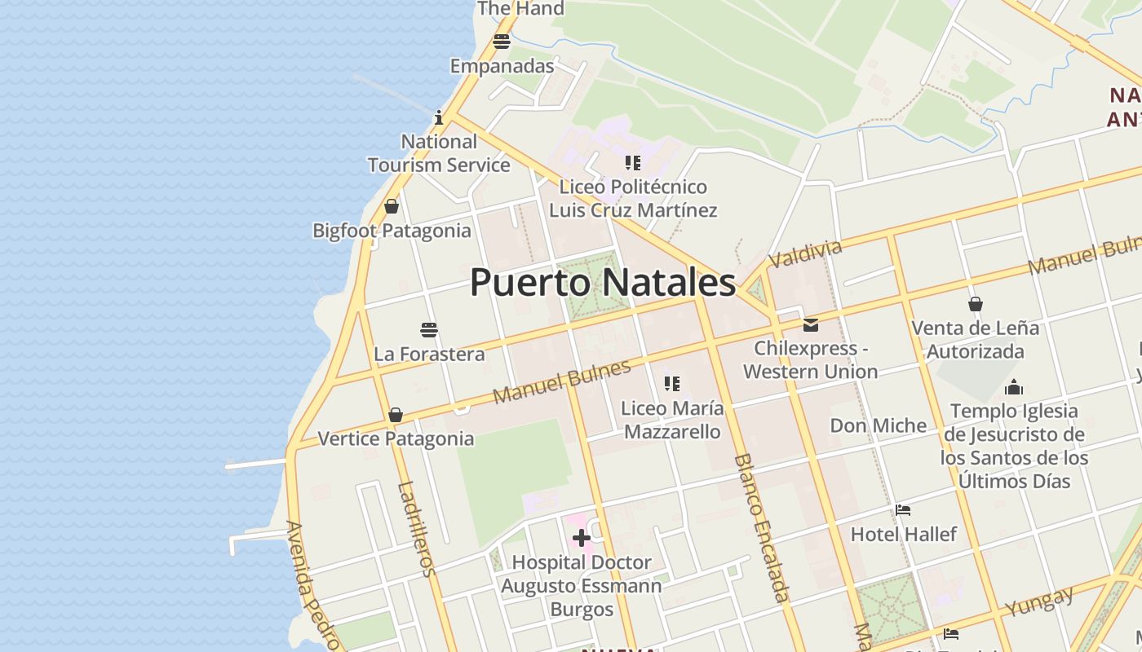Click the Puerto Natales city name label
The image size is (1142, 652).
603,283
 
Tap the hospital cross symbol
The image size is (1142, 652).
581,538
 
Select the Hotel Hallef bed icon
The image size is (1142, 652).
902,510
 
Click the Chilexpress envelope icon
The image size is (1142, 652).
810,324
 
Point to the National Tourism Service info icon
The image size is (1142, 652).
438,117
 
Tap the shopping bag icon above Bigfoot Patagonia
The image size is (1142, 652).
392,206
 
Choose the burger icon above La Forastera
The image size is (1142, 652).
429,330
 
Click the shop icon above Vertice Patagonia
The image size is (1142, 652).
396,415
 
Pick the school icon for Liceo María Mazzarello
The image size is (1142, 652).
671,383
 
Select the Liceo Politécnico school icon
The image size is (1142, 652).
632,163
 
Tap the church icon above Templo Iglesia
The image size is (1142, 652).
1014,387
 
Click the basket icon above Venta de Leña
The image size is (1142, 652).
975,304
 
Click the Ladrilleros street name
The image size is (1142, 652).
417,529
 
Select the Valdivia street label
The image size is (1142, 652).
805,253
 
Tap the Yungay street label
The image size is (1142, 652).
1039,601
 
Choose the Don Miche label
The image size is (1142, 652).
878,425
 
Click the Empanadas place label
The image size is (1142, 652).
502,66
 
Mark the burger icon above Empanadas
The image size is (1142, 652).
501,42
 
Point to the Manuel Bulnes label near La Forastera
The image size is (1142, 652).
562,381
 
